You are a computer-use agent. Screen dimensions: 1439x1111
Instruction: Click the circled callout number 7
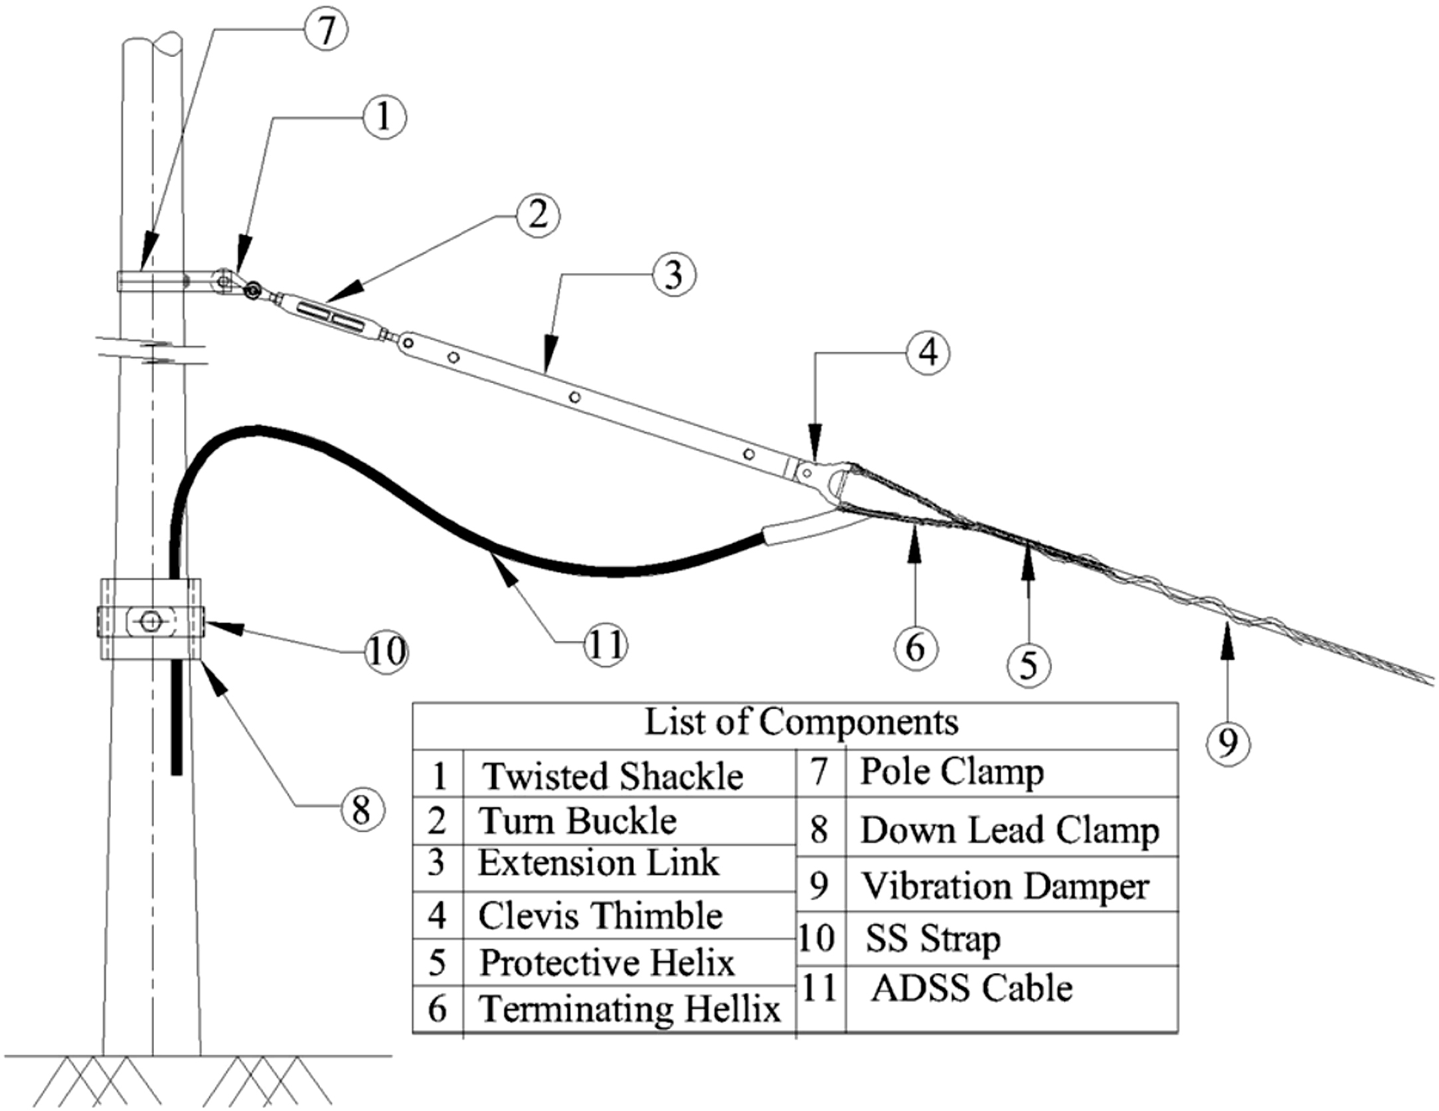[x=325, y=30]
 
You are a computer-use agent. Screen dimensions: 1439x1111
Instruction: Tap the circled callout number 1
[x=383, y=117]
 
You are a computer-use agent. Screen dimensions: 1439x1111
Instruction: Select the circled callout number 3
[x=673, y=274]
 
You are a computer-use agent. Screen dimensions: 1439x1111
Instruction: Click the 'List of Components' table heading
[x=802, y=723]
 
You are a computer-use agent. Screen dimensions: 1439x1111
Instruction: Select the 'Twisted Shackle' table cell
[x=613, y=776]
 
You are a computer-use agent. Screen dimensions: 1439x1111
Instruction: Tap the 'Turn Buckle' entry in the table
[x=577, y=821]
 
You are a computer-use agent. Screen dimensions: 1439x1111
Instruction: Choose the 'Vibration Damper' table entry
[x=1005, y=886]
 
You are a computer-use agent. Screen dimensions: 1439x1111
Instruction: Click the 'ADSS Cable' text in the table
[x=972, y=988]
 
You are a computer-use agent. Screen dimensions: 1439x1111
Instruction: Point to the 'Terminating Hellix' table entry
[x=630, y=1009]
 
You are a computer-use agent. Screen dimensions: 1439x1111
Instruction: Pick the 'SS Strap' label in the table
[x=932, y=938]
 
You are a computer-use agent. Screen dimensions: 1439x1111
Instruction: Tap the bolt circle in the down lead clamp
[x=151, y=622]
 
